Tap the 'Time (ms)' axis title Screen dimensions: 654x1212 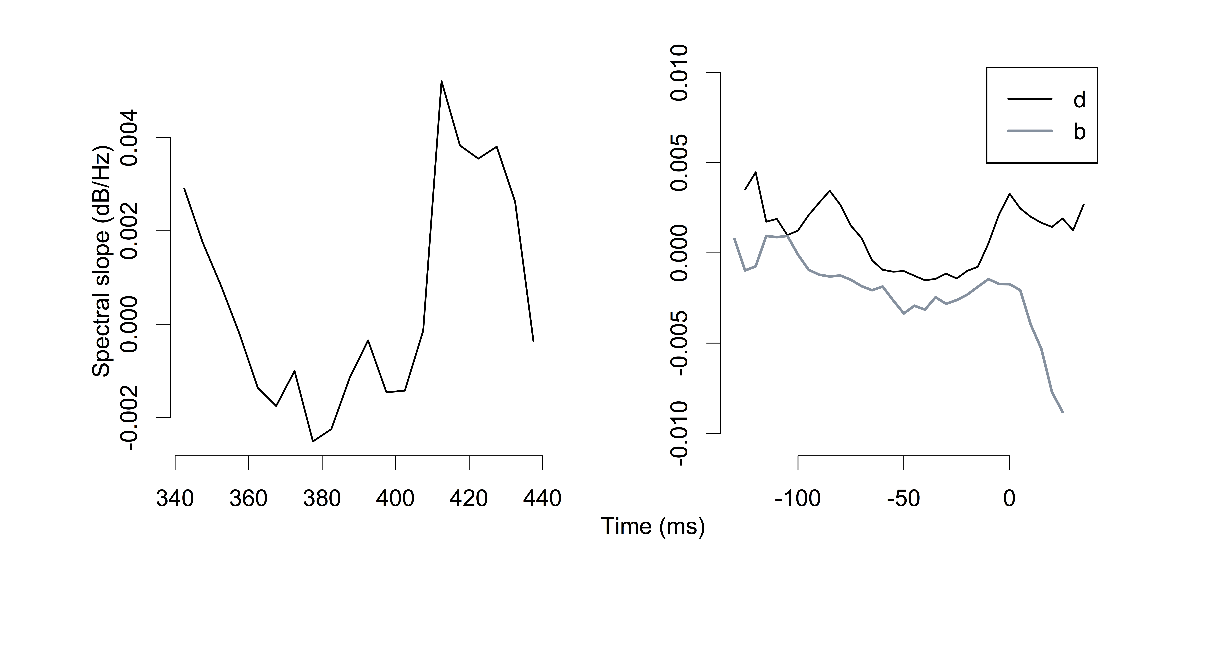coord(653,527)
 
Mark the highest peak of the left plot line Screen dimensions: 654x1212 coord(441,81)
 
